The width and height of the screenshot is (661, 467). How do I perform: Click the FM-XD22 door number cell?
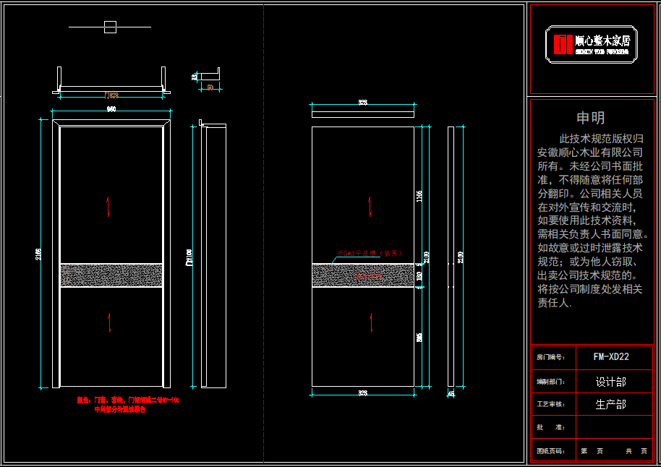(x=611, y=356)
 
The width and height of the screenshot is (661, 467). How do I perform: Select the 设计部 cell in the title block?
(x=611, y=381)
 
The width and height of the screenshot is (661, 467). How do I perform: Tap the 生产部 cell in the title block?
(x=611, y=404)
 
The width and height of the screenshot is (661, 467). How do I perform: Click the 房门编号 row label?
(x=550, y=357)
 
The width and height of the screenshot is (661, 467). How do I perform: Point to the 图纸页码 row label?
(x=550, y=451)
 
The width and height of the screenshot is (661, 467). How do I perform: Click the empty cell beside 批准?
(x=614, y=427)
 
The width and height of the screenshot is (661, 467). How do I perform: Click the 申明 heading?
(x=590, y=118)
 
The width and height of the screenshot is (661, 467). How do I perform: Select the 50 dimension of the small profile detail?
(x=210, y=87)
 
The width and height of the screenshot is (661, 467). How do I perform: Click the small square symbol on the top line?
(x=110, y=27)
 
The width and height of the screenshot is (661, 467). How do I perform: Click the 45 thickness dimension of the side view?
(x=451, y=394)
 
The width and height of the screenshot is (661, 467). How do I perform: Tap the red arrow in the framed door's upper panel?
(x=108, y=206)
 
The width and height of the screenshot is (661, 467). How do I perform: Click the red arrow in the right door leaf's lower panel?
(x=373, y=320)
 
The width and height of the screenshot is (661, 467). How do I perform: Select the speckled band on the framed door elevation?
(x=110, y=275)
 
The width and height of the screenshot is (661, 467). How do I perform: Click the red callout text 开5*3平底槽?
(x=369, y=254)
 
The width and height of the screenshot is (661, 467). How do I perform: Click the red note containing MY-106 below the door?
(x=128, y=400)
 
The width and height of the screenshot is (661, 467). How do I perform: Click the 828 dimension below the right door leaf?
(x=362, y=393)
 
